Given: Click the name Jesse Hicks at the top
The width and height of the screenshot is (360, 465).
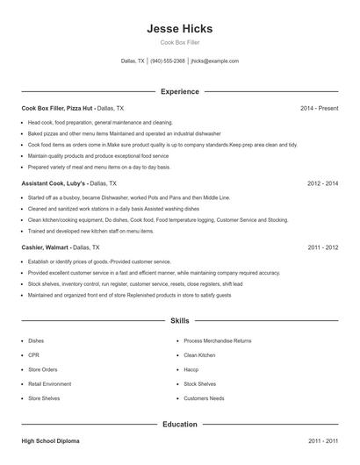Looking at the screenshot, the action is coord(179,28).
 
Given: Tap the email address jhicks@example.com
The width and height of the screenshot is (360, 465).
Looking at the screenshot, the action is coord(214,61).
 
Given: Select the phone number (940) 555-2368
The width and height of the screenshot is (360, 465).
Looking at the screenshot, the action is coord(168,61).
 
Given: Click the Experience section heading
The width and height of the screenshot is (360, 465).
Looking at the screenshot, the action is coord(179,91).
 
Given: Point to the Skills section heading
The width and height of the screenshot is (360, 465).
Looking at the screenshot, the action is coord(179,322).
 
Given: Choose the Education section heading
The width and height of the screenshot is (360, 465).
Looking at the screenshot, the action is coord(179,424).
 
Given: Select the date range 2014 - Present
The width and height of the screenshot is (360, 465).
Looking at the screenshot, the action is coord(319,108).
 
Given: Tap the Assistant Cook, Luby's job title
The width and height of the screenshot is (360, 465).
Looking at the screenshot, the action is coord(53,183).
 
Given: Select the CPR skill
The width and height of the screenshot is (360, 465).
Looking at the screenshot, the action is coord(33,354).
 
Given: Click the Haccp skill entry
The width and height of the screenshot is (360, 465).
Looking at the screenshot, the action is coord(191,369).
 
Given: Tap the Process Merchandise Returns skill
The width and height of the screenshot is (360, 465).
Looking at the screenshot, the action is coord(217,340).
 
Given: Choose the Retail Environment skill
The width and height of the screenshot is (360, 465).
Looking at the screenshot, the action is coord(49,383).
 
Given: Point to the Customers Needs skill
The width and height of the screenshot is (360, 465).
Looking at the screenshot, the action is coord(204,398).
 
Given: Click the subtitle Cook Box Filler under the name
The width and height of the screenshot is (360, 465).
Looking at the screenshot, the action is coord(179,42).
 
